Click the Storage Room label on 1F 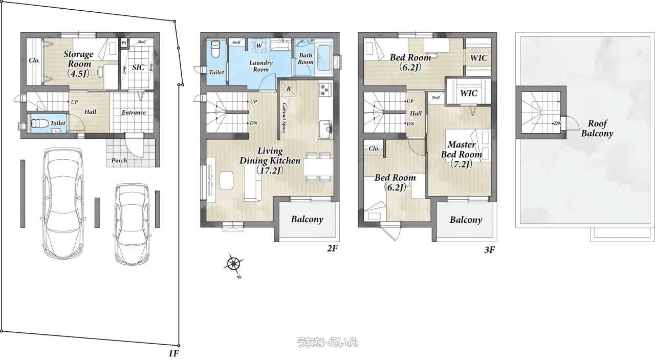pyautogui.click(x=78, y=63)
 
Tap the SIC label pyautogui.click(x=138, y=68)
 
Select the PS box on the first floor pyautogui.click(x=124, y=43)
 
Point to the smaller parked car pyautogui.click(x=132, y=224)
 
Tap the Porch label pyautogui.click(x=119, y=160)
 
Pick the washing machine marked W pyautogui.click(x=259, y=46)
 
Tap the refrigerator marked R pyautogui.click(x=288, y=89)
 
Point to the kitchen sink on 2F pyautogui.click(x=325, y=129)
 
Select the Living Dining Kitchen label pyautogui.click(x=270, y=161)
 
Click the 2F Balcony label pyautogui.click(x=307, y=219)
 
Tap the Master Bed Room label pyautogui.click(x=462, y=154)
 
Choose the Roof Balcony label pyautogui.click(x=597, y=128)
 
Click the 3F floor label pyautogui.click(x=490, y=250)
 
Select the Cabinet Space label pyautogui.click(x=284, y=118)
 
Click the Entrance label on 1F pyautogui.click(x=134, y=113)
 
